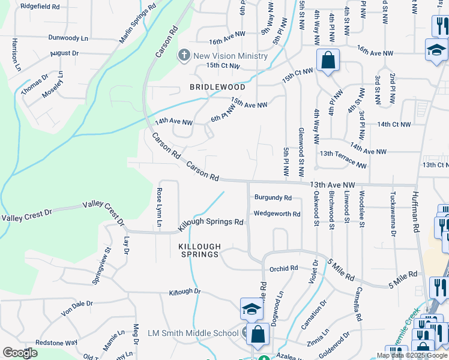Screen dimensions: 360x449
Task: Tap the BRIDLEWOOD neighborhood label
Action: point(217,87)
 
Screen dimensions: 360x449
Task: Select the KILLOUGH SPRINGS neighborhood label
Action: point(200,250)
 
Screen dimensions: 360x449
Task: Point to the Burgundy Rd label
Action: point(273,197)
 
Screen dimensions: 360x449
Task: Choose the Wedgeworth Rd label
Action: point(277,214)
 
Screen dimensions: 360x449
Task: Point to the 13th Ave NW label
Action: point(333,185)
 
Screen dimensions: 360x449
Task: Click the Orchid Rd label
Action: point(284,269)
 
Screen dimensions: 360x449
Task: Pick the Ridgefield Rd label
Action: point(40,7)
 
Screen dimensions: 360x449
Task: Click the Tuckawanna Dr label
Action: point(393,212)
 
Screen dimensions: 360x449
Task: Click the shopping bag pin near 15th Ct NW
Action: point(328,61)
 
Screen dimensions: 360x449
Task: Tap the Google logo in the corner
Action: point(20,353)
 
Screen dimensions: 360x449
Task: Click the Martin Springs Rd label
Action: point(137,25)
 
